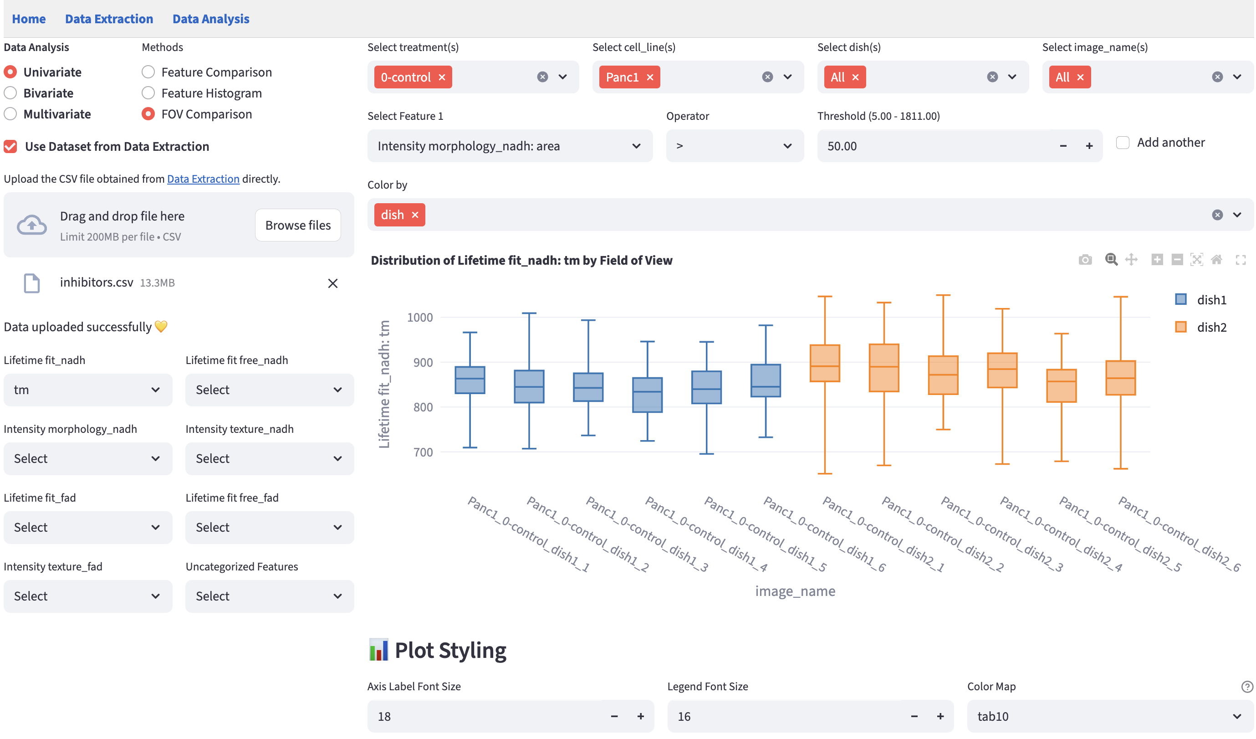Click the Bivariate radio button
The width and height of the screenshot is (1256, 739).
click(10, 93)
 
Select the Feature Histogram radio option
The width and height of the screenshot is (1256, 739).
click(148, 93)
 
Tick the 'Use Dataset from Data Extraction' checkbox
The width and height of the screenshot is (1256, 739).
click(10, 147)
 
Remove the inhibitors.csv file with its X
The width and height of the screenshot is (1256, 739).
click(332, 283)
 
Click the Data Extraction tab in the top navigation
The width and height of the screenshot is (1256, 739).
click(109, 19)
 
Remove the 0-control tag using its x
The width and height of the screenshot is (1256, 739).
click(442, 77)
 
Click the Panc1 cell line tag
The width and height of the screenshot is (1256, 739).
click(622, 77)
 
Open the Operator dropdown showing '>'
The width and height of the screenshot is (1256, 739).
click(734, 146)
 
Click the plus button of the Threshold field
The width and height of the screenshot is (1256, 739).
click(1089, 146)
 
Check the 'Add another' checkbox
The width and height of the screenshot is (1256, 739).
click(1123, 143)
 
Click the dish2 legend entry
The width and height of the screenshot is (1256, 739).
click(1211, 328)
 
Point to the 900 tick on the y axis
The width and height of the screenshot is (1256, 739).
click(423, 363)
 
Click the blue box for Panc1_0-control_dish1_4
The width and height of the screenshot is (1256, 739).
click(648, 395)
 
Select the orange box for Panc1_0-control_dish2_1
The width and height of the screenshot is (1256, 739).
click(825, 363)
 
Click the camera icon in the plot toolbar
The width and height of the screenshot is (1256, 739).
click(1085, 260)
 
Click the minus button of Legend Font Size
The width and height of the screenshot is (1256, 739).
click(914, 717)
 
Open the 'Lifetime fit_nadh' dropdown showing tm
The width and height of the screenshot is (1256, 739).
click(88, 390)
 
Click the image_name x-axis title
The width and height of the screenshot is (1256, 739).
click(795, 591)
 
